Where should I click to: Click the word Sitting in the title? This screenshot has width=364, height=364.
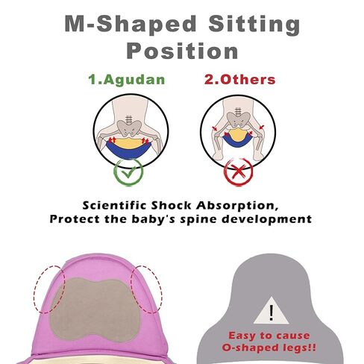pos(254,25)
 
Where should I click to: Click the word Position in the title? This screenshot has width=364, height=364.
pos(182,51)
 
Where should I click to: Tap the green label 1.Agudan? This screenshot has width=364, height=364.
pos(127,80)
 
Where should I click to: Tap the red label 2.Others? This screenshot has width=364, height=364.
pos(240,80)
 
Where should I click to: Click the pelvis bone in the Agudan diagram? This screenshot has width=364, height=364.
pos(129,128)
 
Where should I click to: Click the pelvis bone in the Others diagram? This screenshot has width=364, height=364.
pos(239,121)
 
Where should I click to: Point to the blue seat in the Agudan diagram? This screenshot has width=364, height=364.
pos(129,151)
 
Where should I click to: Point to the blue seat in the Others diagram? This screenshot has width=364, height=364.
pos(237,142)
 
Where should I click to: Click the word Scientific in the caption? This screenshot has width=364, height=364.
pos(114,206)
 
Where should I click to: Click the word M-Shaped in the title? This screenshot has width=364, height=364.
pos(131,24)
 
